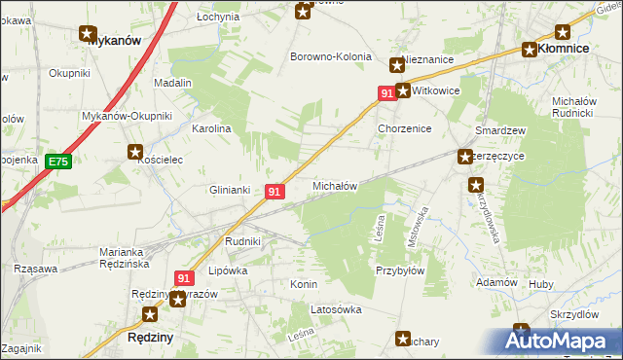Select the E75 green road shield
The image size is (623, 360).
coord(57,162)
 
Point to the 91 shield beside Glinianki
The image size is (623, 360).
coord(274,193)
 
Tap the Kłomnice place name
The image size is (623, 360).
coord(568,49)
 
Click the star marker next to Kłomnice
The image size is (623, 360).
coord(530,51)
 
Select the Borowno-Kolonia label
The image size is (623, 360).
coord(331,56)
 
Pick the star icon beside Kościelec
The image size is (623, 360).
coord(135,152)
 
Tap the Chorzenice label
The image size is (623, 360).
coord(404,128)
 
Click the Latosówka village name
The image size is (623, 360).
coord(336,309)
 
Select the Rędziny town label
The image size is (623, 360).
coord(151,336)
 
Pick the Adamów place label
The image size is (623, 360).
coord(495,282)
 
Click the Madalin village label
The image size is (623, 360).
coord(172,84)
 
